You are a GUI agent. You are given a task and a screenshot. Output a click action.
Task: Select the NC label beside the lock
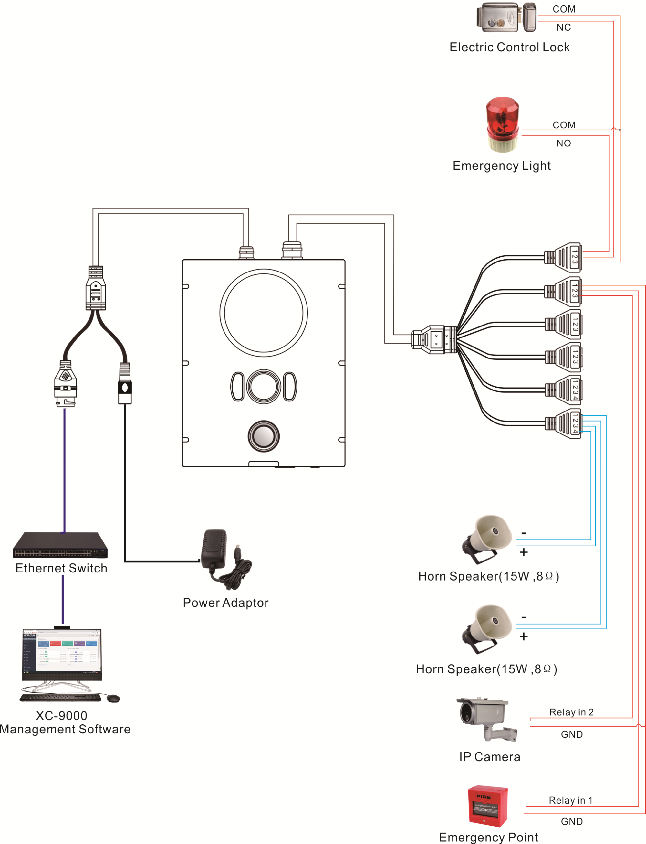coord(563,27)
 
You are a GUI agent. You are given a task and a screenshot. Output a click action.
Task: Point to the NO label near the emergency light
coord(563,143)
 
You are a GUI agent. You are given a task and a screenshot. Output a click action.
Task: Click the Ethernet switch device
coord(60,545)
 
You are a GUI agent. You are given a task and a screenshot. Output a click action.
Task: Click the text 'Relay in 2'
coord(571,712)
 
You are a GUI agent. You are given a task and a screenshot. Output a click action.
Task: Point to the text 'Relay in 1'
coord(571,800)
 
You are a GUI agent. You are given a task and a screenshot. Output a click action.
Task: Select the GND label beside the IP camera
coord(571,734)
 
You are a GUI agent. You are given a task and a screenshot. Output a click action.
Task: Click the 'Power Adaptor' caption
coord(225,603)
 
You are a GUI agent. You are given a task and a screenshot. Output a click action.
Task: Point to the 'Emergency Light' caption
coord(501,166)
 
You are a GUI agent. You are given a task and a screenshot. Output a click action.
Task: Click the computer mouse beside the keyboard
coord(113,699)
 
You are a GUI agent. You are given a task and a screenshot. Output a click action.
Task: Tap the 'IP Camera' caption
coord(489,757)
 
